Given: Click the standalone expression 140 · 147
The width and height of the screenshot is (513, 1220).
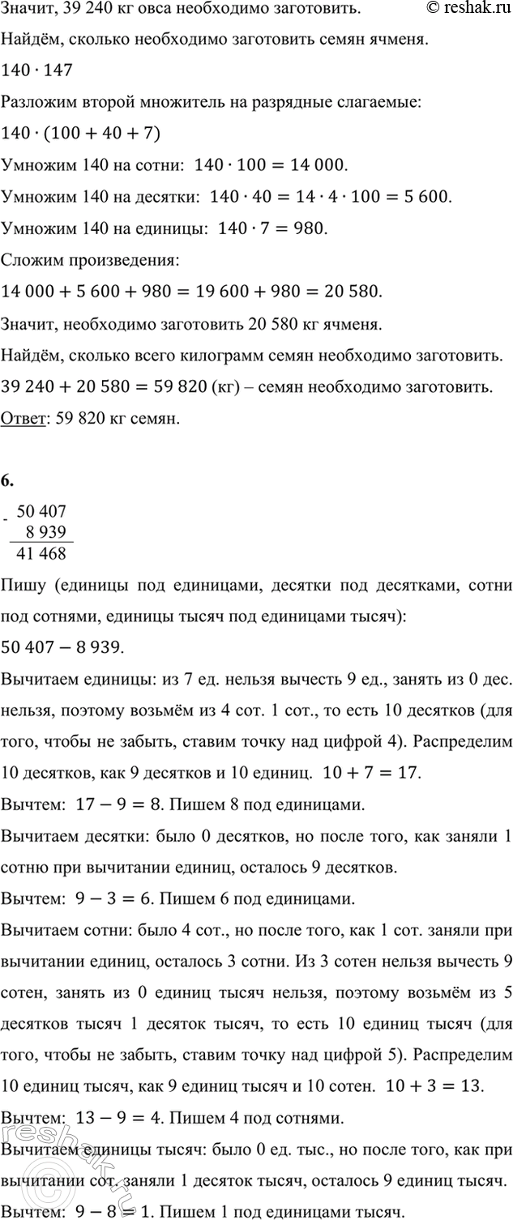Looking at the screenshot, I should tap(37, 70).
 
